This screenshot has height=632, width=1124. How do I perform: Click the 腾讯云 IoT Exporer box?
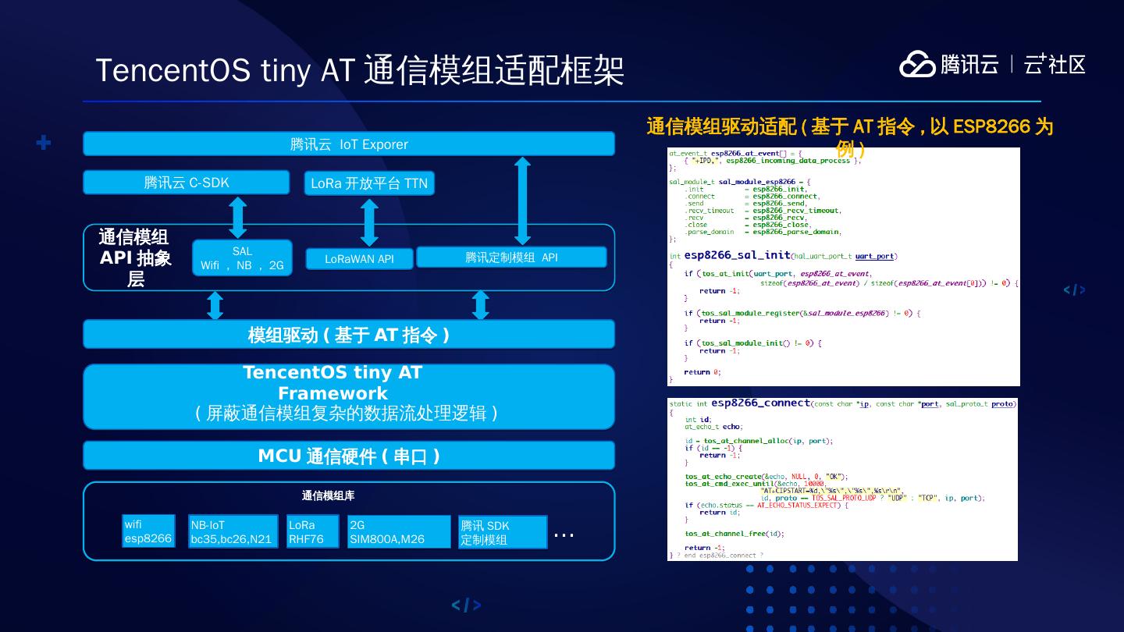[x=349, y=144]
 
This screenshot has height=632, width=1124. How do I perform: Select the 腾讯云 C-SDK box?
[x=186, y=183]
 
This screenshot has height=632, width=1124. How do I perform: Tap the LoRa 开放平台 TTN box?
[x=369, y=183]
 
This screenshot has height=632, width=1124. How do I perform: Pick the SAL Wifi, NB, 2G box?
[x=242, y=258]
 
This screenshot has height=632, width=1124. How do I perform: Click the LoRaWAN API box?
[x=359, y=259]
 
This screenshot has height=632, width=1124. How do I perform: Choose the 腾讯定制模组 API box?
[x=511, y=257]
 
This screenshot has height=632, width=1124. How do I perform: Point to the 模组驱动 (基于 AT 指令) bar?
[x=349, y=335]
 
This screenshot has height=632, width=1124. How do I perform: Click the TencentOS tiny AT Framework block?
[x=349, y=396]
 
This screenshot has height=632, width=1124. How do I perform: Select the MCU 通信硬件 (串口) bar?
[x=349, y=456]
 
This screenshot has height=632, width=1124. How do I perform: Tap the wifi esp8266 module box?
[x=148, y=531]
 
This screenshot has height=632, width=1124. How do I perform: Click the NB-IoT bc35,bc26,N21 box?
[x=233, y=532]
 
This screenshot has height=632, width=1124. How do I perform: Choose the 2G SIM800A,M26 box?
[x=399, y=532]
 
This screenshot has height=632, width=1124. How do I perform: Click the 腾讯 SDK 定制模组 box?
[x=502, y=532]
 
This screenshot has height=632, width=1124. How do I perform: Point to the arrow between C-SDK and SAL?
[x=238, y=218]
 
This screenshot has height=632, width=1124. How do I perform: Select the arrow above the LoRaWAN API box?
[x=370, y=222]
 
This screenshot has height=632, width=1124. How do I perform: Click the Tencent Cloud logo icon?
[x=917, y=64]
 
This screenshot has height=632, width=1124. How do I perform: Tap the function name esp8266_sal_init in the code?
[x=737, y=255]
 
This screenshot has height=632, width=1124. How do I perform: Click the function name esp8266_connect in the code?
[x=759, y=403]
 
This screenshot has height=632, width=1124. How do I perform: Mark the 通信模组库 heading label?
[x=328, y=495]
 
